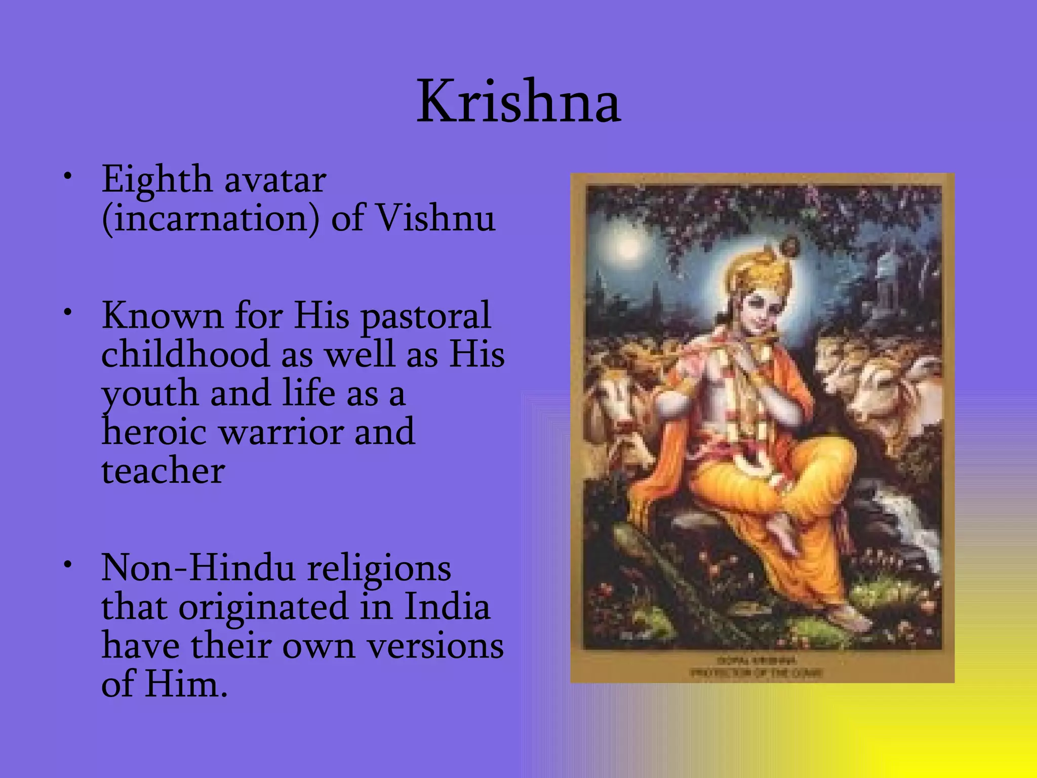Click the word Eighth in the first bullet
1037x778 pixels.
coord(156,180)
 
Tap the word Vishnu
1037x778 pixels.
coord(435,219)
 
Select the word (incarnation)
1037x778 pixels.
coord(211,219)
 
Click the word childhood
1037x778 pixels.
coord(185,355)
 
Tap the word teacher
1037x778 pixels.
coord(163,471)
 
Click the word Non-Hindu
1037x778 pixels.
coord(198,568)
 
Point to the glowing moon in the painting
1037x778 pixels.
coord(628,248)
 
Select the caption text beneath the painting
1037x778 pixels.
coord(756,667)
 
